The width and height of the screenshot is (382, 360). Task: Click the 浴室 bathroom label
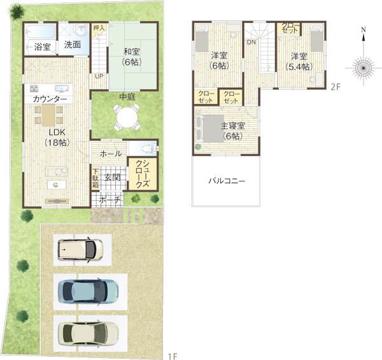[x=43, y=47]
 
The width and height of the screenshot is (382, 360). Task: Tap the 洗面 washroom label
[x=73, y=45]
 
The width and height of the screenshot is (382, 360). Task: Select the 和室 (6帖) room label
[x=132, y=57]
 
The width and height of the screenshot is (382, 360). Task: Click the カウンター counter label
[x=49, y=100]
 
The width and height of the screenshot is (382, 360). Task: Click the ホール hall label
[x=111, y=154]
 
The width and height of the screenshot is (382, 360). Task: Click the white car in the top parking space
[x=80, y=249]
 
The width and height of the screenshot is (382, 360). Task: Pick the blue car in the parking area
[x=88, y=291]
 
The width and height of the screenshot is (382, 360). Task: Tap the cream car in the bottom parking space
[x=88, y=332]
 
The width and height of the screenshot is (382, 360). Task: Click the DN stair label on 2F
[x=251, y=42]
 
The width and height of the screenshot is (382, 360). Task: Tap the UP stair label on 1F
[x=99, y=76]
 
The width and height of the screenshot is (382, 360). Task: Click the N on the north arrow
[x=362, y=29]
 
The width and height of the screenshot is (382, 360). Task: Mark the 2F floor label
[x=336, y=87]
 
